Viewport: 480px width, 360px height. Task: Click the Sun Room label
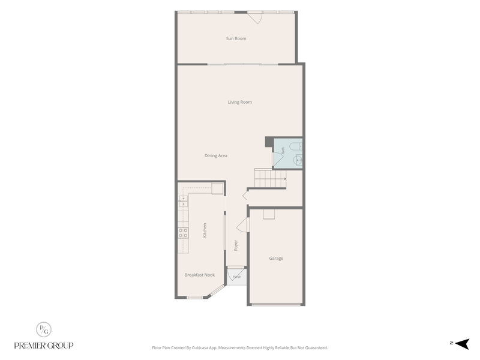click(x=236, y=38)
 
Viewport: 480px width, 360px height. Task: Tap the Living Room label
click(x=239, y=102)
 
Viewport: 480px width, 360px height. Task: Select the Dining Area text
click(x=216, y=156)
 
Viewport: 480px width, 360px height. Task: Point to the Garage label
click(x=276, y=259)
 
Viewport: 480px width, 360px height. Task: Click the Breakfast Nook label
click(x=200, y=275)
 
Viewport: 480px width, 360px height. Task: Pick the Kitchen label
click(x=205, y=230)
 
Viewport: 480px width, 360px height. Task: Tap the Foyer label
click(x=236, y=245)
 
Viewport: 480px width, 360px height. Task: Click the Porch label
click(x=237, y=277)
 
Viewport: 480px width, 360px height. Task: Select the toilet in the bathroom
click(x=296, y=146)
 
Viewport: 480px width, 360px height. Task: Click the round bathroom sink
click(x=298, y=160)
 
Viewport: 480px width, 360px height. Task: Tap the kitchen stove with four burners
click(x=183, y=233)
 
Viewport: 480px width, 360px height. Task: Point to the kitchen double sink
click(x=183, y=202)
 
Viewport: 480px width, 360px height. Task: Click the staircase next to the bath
click(x=271, y=178)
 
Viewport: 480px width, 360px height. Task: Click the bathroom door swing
click(x=278, y=160)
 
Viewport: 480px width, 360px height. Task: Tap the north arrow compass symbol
click(x=462, y=344)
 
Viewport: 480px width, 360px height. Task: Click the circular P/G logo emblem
click(x=44, y=329)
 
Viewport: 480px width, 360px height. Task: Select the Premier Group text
click(x=44, y=346)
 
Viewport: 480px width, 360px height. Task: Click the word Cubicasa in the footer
click(x=201, y=348)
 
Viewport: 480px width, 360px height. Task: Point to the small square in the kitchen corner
click(x=217, y=188)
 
